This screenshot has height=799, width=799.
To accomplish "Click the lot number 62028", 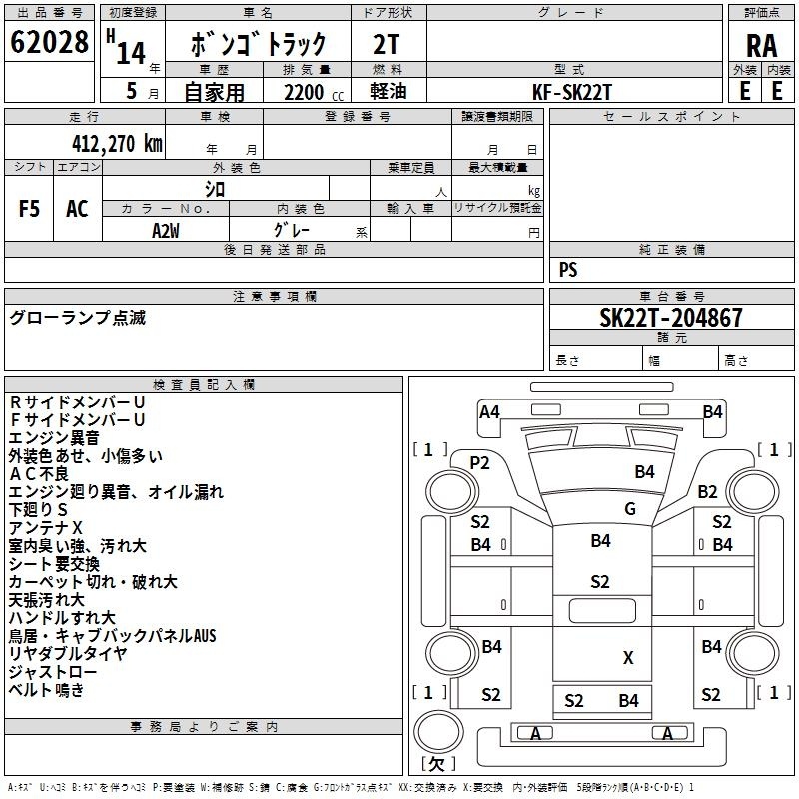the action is pos(49,42).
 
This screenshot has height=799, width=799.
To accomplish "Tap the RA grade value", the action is pos(761,46).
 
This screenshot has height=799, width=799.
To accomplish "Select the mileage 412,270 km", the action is pos(117,143).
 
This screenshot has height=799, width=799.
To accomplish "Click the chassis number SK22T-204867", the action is pos(671,318).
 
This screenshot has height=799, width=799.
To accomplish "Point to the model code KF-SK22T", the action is pos(571,92).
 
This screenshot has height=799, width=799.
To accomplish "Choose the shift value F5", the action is pos(29,209).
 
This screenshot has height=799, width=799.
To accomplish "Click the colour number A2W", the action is pos(166,231).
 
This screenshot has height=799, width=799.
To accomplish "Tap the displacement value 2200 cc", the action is pos(314,92).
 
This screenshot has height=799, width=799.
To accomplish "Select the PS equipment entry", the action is pos(568,270).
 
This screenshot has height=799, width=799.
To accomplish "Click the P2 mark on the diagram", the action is pos(479,463).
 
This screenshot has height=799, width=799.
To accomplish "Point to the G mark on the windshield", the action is pos(630,509).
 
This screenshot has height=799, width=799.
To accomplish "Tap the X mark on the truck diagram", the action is pos(628,658).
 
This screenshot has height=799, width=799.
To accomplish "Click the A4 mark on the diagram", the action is pos(489,412).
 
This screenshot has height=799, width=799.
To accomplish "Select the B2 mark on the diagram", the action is pos(707,492).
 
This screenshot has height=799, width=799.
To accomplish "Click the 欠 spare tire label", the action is pos(437,764).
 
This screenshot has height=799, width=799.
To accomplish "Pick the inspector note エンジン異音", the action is pos(54,438).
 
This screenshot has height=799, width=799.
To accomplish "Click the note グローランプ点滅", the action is pos(78,318).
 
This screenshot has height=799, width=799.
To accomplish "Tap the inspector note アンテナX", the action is pos(45,528).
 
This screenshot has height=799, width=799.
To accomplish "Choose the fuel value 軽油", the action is pos(389,91).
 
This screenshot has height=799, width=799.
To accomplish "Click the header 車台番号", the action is pos(671,296).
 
